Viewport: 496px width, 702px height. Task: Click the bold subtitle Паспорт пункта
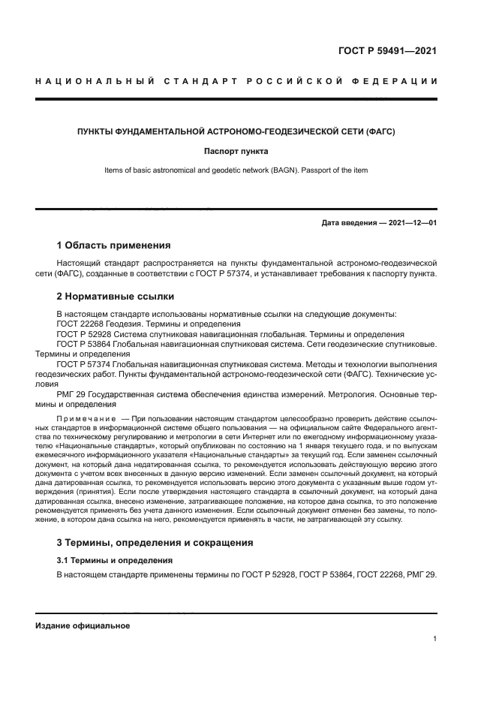click(x=236, y=151)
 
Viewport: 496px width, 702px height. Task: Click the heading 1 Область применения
click(x=113, y=246)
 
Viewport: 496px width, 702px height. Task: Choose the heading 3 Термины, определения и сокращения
click(x=155, y=542)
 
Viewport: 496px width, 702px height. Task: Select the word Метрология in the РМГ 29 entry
click(x=350, y=393)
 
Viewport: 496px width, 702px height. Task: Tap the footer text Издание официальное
click(x=83, y=625)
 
